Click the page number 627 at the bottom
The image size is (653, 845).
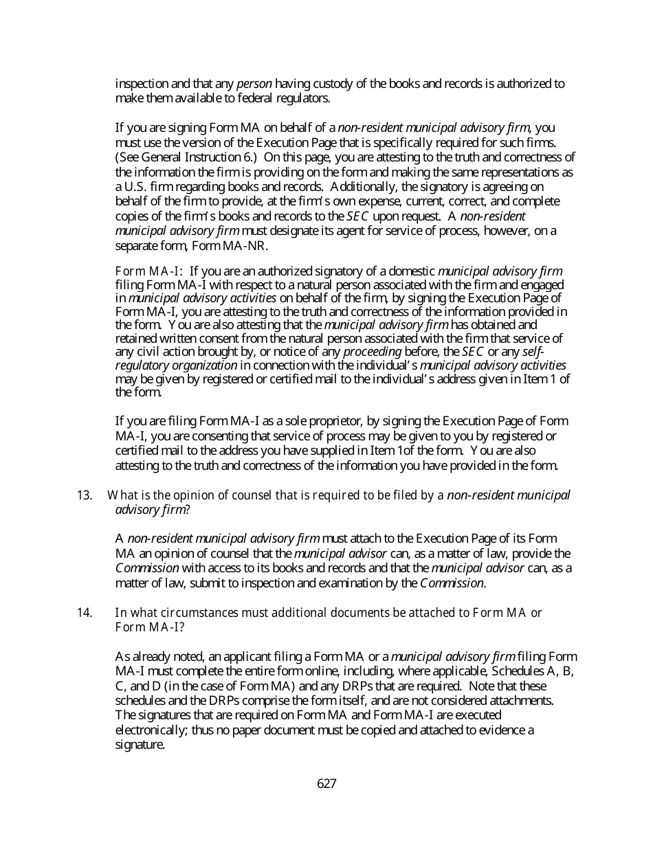pos(326,784)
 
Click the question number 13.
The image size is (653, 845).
pos(85,495)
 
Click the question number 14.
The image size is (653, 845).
pos(85,612)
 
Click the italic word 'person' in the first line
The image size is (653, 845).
pos(254,84)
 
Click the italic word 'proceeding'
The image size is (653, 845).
pos(372,352)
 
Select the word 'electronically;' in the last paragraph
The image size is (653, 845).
pos(151,730)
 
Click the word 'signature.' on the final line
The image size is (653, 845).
pos(140,745)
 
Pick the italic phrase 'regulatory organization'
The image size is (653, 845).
pos(176,365)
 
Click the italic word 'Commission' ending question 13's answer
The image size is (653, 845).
pos(452,583)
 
